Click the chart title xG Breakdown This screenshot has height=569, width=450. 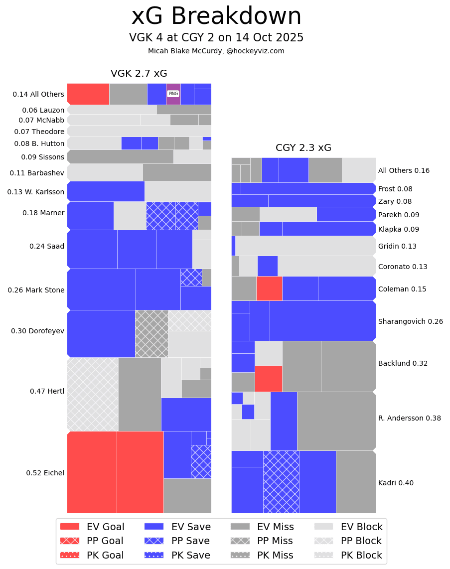pos(216,16)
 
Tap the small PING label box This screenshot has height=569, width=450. pos(173,94)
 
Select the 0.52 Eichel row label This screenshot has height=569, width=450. pos(45,473)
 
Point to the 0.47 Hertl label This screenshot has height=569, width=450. pos(47,391)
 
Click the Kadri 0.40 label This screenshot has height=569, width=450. pos(396,483)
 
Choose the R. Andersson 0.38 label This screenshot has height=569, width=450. pos(409,418)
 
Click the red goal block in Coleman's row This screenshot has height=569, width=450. pos(269,288)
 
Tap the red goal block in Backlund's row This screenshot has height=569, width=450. pos(268,378)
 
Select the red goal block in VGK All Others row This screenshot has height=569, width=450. pos(88,94)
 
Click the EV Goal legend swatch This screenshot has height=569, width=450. pos(70,527)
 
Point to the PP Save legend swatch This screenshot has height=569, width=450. pos(154,541)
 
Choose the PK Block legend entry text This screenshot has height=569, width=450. pos(361,555)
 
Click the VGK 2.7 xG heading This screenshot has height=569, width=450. pos(139,74)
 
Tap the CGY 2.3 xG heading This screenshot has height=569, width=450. pos(303,148)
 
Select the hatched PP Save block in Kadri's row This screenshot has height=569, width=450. pos(281,482)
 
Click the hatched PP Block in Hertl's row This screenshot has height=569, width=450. pos(93,394)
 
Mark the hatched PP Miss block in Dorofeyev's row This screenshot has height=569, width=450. pos(151,333)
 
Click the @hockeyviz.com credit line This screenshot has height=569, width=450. pos(216,51)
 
